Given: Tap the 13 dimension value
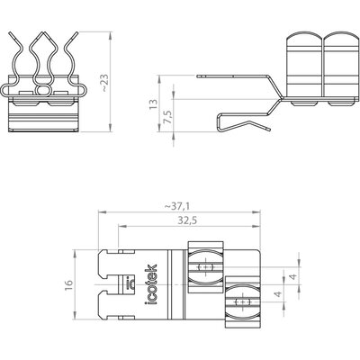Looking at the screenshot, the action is pyautogui.click(x=153, y=103).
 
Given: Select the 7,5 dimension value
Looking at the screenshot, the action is pyautogui.click(x=168, y=117).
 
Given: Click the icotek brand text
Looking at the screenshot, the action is pyautogui.click(x=151, y=284).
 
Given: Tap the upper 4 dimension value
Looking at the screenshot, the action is pyautogui.click(x=294, y=276).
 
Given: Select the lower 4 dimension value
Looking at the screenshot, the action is pyautogui.click(x=279, y=294).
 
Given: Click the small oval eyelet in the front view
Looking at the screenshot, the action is pyautogui.click(x=43, y=89).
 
